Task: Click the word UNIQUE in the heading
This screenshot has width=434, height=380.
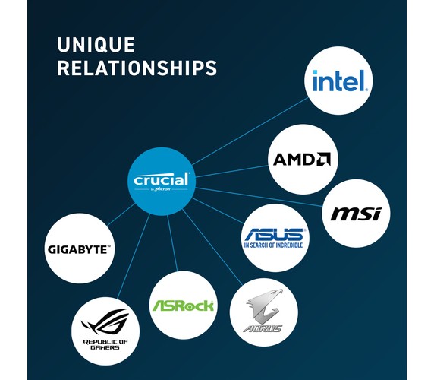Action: (96, 45)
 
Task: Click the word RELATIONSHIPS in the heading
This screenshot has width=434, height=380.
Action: (137, 68)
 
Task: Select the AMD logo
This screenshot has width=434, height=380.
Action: (302, 159)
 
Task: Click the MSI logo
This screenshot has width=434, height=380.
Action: (356, 214)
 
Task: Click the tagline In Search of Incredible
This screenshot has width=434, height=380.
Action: (273, 245)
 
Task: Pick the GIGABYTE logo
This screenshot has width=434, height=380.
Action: (79, 249)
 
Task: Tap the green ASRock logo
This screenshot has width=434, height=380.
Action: (183, 306)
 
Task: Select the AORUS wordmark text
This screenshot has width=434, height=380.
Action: (263, 329)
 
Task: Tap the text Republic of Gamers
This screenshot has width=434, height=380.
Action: (105, 344)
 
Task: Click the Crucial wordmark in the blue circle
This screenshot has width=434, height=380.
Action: (162, 179)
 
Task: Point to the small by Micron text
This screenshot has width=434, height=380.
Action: (161, 189)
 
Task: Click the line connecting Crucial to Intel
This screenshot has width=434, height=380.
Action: (250, 131)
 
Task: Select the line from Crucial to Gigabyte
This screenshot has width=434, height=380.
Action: (121, 214)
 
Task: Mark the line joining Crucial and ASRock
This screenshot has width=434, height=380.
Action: (172, 243)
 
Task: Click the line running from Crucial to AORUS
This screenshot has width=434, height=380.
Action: (212, 247)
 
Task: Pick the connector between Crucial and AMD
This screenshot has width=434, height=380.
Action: (231, 171)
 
